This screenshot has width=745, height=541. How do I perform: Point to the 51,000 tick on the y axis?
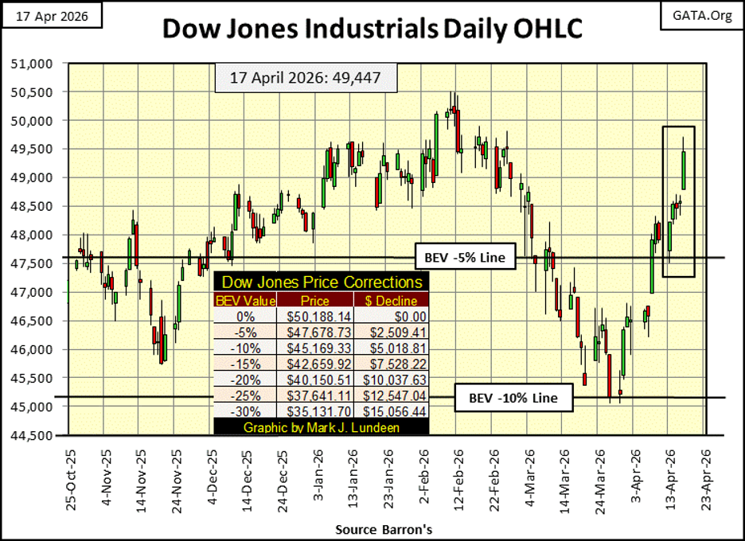click(x=34, y=63)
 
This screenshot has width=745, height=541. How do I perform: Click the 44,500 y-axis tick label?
click(x=34, y=435)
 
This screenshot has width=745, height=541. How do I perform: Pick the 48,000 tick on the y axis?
click(x=34, y=235)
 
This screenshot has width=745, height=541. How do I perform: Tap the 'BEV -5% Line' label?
click(x=465, y=258)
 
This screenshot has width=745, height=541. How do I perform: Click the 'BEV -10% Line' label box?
click(x=513, y=398)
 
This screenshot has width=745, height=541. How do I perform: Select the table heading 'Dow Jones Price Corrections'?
click(x=321, y=282)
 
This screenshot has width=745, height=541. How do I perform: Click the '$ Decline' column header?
click(x=391, y=300)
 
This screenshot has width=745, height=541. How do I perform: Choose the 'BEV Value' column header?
click(x=244, y=300)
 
